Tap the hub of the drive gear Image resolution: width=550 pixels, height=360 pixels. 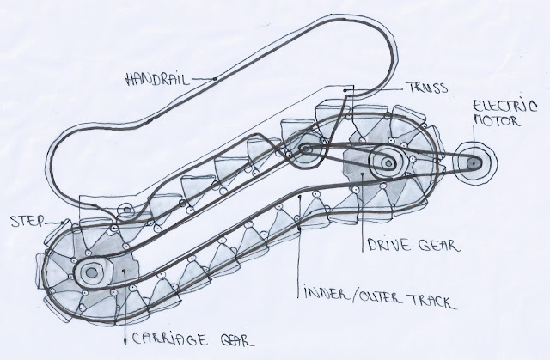coord(383,161)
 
